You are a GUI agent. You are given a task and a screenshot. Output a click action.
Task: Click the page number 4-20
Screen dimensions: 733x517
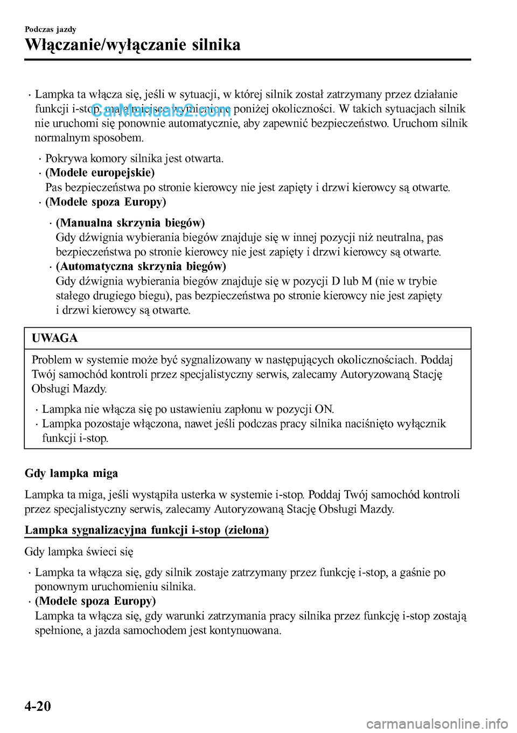38,706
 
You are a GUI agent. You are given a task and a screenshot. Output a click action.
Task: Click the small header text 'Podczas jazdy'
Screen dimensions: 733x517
51,29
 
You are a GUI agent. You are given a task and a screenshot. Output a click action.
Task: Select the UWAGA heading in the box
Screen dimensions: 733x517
55,338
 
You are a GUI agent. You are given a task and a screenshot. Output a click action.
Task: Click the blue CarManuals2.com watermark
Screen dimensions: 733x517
161,111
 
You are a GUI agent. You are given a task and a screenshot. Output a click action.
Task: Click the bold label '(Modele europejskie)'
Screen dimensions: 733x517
100,173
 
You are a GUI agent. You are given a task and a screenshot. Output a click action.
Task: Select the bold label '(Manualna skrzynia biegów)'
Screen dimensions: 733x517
130,223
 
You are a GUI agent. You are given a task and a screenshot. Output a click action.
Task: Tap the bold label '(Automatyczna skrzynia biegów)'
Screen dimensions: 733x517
141,266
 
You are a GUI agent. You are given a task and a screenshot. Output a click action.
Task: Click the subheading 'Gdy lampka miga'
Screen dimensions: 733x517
71,473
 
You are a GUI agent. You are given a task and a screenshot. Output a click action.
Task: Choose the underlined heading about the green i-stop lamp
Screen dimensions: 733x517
146,530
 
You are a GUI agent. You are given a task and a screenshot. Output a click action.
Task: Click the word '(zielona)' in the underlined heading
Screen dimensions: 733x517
247,530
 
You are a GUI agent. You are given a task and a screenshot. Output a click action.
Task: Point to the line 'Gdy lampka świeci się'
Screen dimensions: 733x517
79,551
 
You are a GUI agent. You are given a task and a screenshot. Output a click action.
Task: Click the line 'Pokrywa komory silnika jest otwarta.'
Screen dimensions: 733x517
134,158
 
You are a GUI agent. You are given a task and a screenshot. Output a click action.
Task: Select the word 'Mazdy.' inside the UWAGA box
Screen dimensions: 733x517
90,389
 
